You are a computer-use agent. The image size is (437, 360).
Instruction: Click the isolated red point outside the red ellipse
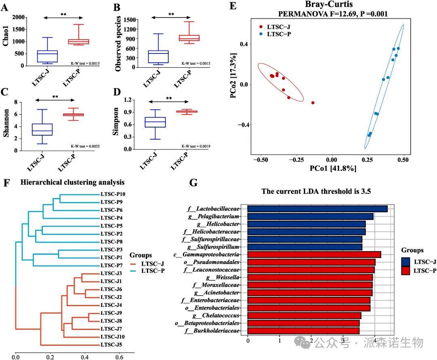click(x=313, y=103)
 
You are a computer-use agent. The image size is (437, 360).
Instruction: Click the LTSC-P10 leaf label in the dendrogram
click(x=113, y=195)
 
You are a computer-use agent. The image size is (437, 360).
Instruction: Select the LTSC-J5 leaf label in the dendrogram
click(x=112, y=345)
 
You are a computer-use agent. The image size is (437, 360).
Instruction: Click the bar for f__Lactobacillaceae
click(x=317, y=209)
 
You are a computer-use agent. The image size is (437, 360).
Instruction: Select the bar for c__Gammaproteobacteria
click(x=314, y=254)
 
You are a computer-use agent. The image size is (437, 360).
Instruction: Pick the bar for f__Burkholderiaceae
click(x=303, y=331)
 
